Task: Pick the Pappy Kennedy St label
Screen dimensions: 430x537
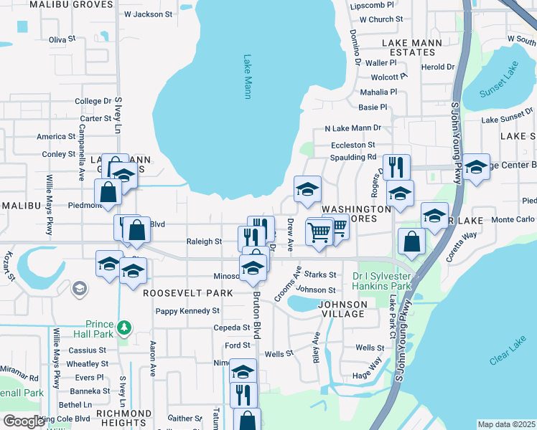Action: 188,311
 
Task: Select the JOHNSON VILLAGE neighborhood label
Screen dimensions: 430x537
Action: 342,309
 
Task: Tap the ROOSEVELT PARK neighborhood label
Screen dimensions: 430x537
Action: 187,293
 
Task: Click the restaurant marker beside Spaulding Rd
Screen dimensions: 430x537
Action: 396,167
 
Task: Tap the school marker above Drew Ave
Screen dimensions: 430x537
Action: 307,189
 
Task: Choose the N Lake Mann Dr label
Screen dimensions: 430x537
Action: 352,128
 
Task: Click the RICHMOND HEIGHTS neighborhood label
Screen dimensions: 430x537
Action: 123,419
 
